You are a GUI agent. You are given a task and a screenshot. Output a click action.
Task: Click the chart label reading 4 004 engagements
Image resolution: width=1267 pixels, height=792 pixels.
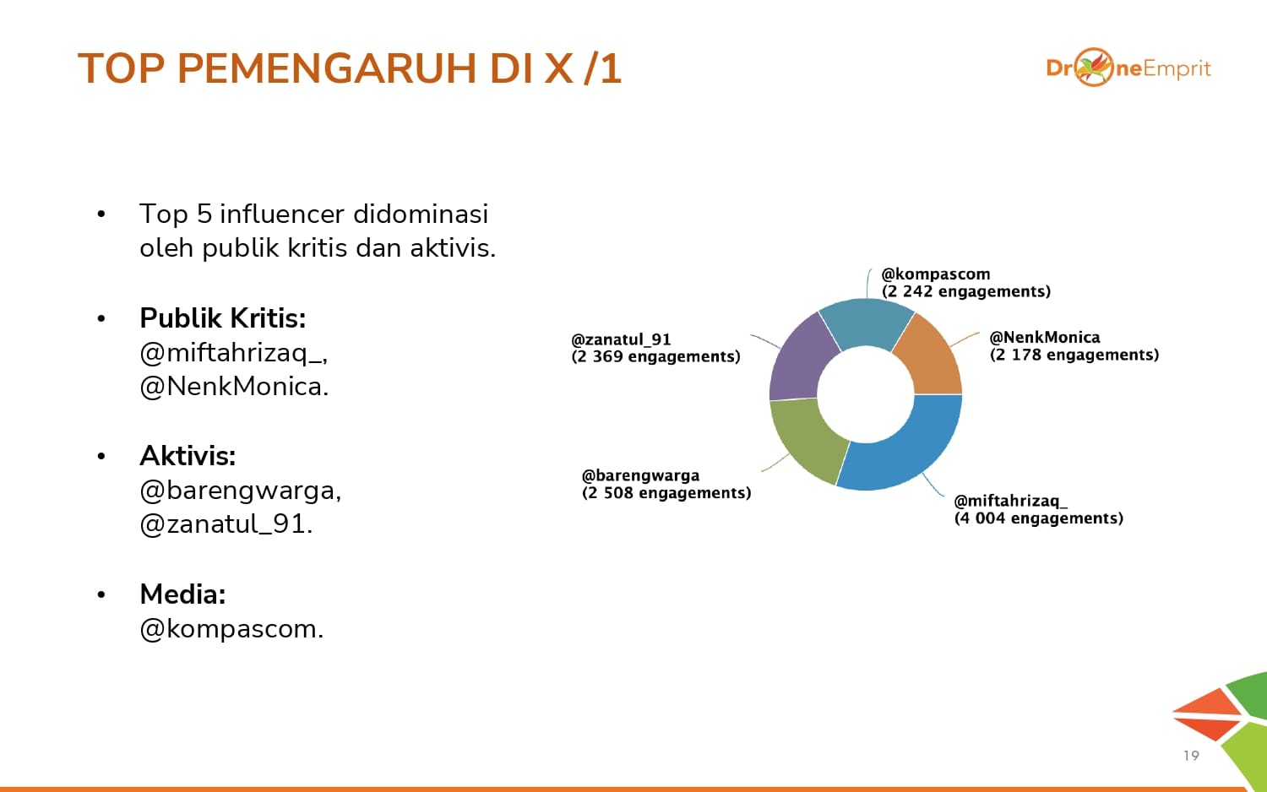[1038, 518]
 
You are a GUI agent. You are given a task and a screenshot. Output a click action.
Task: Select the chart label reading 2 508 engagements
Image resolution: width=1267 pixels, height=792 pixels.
[666, 493]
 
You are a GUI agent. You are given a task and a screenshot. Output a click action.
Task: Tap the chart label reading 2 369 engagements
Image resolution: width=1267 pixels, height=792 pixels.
[655, 356]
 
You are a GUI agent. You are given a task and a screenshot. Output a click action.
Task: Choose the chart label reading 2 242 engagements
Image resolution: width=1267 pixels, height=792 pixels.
[966, 291]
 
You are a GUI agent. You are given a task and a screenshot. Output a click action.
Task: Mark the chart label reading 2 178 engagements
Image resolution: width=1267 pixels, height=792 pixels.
[1074, 355]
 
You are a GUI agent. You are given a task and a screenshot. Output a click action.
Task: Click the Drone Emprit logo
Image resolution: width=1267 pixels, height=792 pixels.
[1128, 68]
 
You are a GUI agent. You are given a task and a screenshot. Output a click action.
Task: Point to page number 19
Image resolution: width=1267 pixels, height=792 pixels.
[1191, 756]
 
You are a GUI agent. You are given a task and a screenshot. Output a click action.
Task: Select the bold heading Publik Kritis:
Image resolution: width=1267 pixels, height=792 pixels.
[223, 318]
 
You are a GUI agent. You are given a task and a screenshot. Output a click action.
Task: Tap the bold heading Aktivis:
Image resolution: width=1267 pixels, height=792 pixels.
[188, 456]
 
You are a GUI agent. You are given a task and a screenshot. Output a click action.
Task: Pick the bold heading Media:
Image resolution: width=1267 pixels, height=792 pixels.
[182, 594]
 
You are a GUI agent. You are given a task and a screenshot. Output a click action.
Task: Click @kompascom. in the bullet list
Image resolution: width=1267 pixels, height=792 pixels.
[232, 630]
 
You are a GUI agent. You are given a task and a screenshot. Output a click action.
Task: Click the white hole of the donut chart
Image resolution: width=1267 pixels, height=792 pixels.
[866, 394]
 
